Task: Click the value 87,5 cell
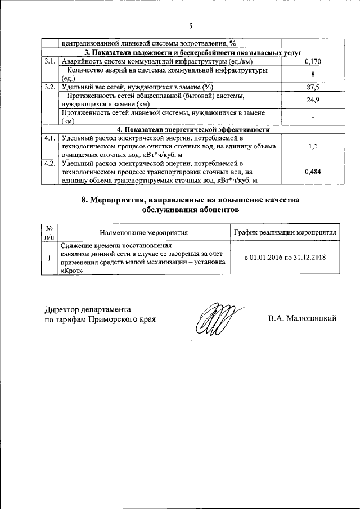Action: [x=312, y=87]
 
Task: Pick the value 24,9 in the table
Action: [x=312, y=100]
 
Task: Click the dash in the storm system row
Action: [x=312, y=117]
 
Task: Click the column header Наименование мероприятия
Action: [x=143, y=232]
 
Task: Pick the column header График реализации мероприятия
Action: [x=285, y=232]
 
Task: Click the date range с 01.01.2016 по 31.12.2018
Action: [x=285, y=258]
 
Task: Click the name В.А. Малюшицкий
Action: [x=302, y=319]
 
